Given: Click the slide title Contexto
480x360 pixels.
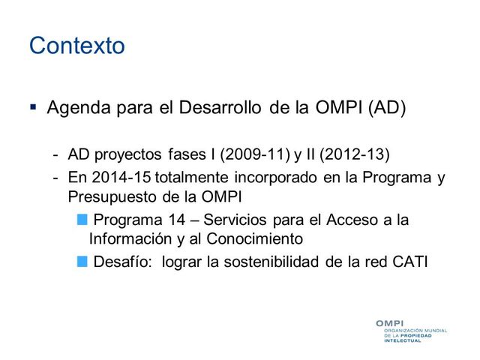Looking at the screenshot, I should coord(76,46).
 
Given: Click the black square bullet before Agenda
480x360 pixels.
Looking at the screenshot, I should coord(34,108).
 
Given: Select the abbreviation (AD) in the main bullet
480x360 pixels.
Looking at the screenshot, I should coord(386,108).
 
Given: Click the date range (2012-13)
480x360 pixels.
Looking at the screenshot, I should coord(355,154).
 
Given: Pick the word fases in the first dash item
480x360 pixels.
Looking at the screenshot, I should coord(184,154).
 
